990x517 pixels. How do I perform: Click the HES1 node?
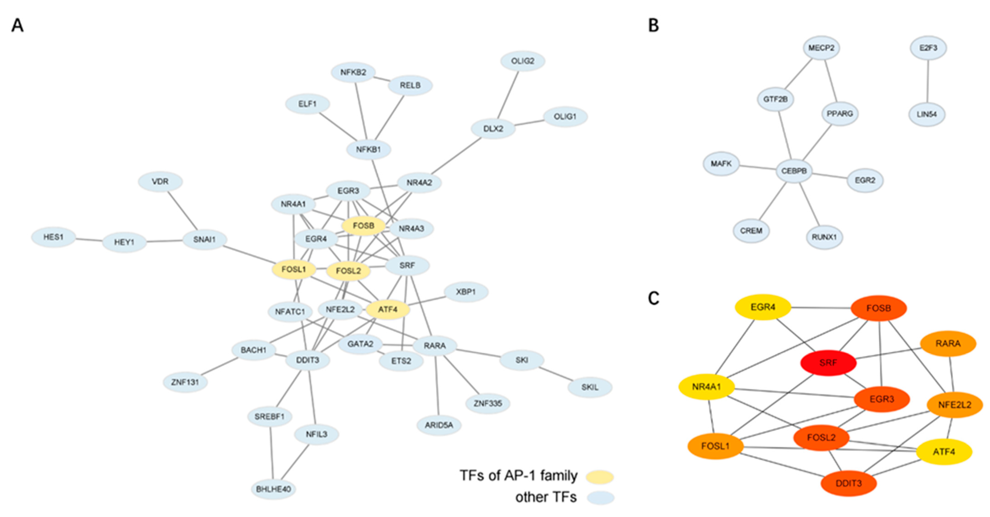(54, 237)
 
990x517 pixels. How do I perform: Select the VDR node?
(160, 181)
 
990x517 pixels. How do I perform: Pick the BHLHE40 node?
(273, 489)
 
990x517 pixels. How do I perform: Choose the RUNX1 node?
(824, 237)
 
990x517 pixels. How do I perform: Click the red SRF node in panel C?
(828, 363)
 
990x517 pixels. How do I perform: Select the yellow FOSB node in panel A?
(363, 226)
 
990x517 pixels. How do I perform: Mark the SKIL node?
(589, 387)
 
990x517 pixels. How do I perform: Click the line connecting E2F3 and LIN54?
(928, 81)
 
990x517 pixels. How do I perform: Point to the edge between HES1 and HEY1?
(89, 240)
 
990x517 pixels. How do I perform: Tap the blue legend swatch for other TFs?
(600, 497)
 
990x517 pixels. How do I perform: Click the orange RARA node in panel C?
(948, 343)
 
